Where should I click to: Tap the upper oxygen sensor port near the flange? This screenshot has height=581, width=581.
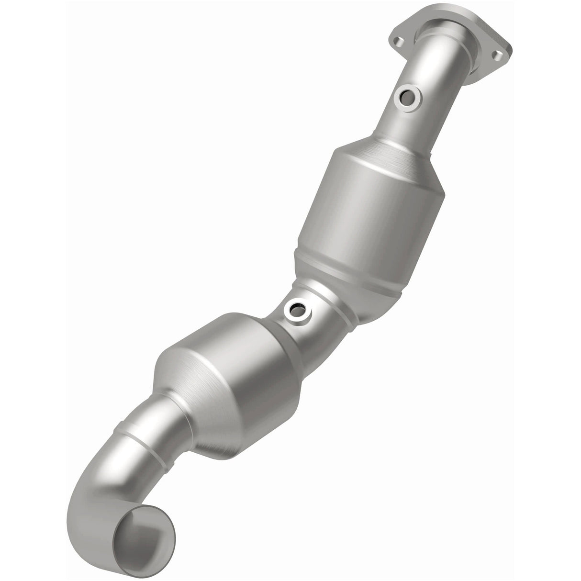[406, 99]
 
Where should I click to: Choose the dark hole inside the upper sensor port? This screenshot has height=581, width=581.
[406, 99]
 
